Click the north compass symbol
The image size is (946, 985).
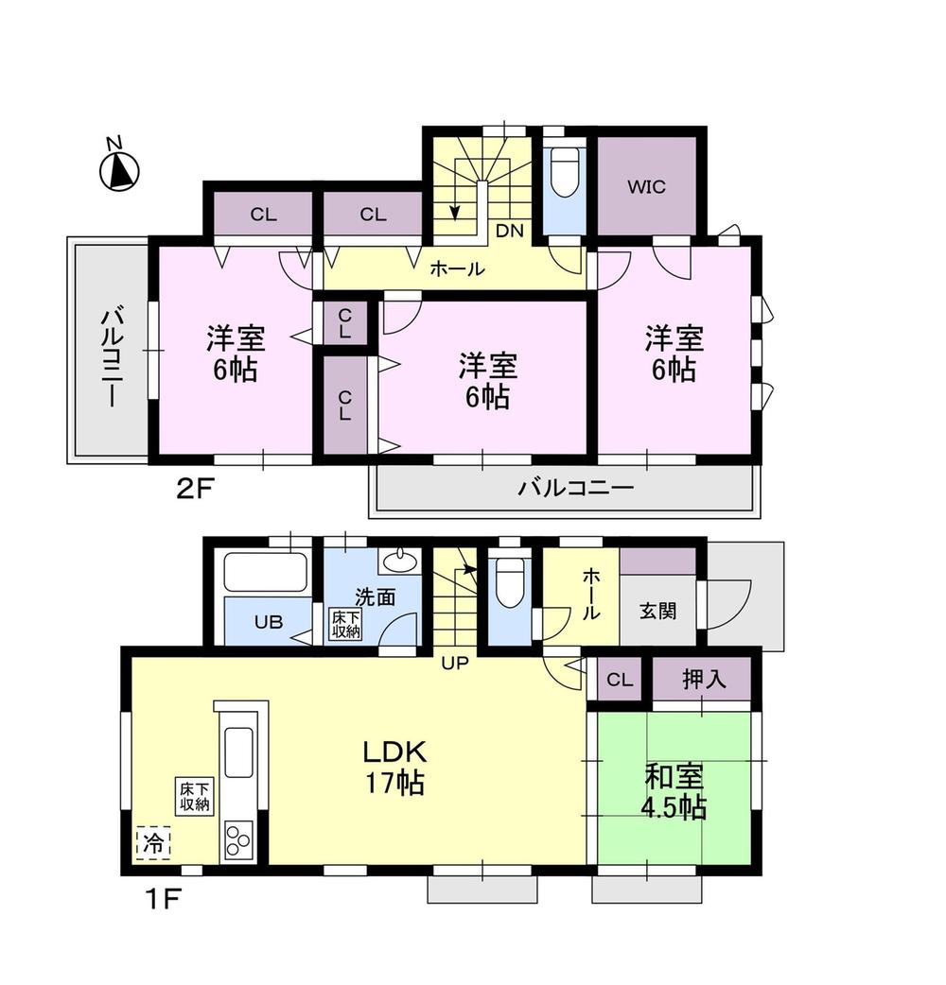tap(119, 168)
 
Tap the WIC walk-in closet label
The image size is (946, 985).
tap(647, 186)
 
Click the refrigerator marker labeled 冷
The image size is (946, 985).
tap(152, 843)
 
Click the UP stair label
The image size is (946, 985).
tap(455, 663)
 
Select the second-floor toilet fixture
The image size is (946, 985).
tap(565, 172)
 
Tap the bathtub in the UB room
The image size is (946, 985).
tap(266, 573)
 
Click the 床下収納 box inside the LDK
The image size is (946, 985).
tap(193, 795)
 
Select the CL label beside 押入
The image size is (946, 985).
tap(619, 680)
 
